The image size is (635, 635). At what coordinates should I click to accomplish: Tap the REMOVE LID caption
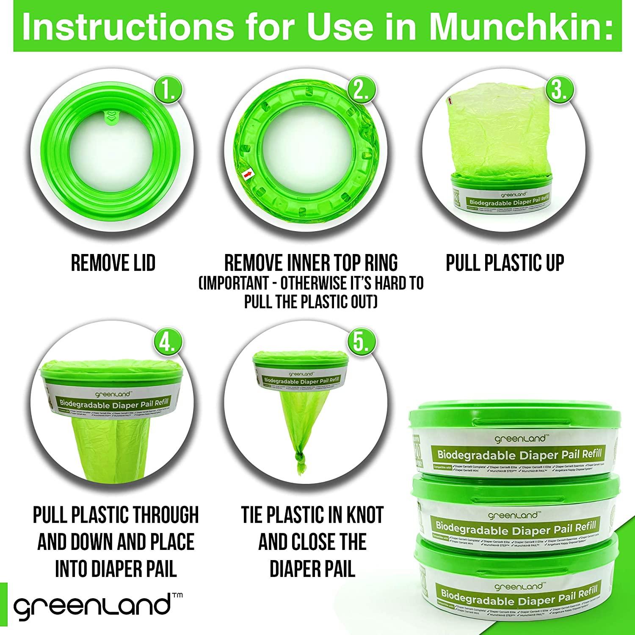point(113,263)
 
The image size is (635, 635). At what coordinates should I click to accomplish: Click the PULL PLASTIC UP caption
point(505,263)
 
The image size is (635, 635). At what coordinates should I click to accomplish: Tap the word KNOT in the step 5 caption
point(362,515)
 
